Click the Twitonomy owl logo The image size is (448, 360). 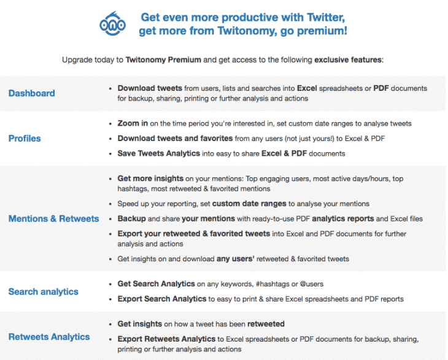112,23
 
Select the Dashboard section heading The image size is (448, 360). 31,93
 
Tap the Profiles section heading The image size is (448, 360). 25,139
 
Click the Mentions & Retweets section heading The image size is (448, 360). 53,218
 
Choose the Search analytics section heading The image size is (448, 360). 43,292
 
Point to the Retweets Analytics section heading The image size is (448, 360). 49,337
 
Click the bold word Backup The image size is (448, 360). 132,218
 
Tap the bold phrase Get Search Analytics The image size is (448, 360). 156,284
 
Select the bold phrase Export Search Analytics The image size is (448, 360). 162,299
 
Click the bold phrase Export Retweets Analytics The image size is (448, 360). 166,339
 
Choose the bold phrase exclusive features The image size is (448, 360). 348,60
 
